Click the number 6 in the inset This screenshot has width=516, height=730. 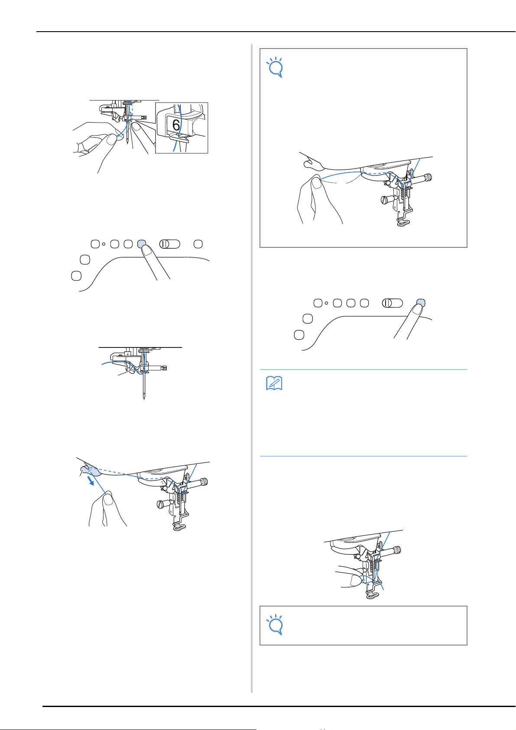pyautogui.click(x=176, y=125)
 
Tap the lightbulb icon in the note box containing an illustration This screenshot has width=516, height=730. pyautogui.click(x=275, y=68)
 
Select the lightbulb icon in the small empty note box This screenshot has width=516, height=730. pyautogui.click(x=275, y=625)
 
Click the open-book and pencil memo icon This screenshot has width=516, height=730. pyautogui.click(x=274, y=383)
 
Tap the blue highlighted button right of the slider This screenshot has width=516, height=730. pyautogui.click(x=421, y=303)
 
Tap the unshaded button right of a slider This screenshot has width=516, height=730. pyautogui.click(x=198, y=244)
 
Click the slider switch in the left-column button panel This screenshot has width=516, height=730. pyautogui.click(x=169, y=244)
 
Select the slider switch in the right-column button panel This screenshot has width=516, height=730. pyautogui.click(x=393, y=303)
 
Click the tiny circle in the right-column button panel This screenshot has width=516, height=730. pyautogui.click(x=326, y=303)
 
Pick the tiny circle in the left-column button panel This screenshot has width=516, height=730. pyautogui.click(x=104, y=244)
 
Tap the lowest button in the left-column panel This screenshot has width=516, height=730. pyautogui.click(x=76, y=276)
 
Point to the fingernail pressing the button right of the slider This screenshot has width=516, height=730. pyautogui.click(x=417, y=310)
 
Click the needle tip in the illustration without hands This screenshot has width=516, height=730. pyautogui.click(x=144, y=398)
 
